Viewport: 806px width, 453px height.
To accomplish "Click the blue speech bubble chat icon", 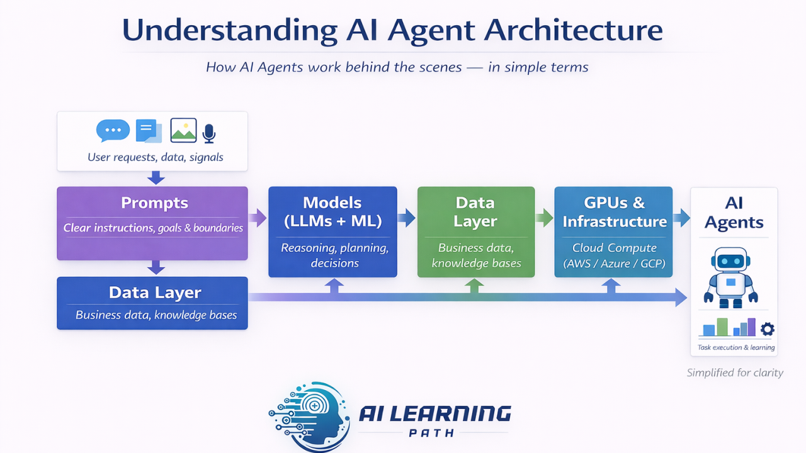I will pos(113,130).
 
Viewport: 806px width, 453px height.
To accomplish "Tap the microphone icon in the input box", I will pos(209,133).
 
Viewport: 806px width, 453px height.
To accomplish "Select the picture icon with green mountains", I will pos(183,130).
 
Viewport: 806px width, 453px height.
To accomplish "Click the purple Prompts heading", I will pos(154,203).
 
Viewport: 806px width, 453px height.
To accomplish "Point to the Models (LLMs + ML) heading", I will pos(332,212).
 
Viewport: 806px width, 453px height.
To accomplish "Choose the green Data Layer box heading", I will pos(475,212).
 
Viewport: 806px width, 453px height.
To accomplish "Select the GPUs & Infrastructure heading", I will pos(614,212).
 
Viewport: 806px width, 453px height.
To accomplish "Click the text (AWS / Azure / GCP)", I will pos(614,263).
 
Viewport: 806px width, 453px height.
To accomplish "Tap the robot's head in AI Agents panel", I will pos(730,260).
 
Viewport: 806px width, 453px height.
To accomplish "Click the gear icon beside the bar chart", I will pos(767,329).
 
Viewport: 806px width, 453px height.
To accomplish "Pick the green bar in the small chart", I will pos(722,327).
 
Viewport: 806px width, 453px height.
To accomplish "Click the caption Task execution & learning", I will pos(735,347).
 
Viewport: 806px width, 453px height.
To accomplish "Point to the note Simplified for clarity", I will pos(735,372).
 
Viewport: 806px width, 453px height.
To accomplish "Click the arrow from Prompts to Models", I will pos(258,218).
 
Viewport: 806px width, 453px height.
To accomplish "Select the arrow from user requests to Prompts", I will pos(156,178).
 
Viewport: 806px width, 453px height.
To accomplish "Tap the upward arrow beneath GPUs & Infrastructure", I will pos(610,286).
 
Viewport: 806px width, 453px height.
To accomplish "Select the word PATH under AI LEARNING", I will pos(434,433).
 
